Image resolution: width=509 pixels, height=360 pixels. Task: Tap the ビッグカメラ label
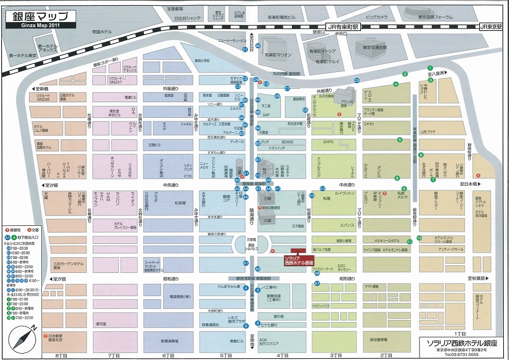[377, 17]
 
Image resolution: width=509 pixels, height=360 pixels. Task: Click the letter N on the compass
[33, 328]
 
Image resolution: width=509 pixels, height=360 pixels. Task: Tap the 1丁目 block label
[460, 334]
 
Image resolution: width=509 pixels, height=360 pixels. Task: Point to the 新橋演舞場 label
[170, 341]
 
